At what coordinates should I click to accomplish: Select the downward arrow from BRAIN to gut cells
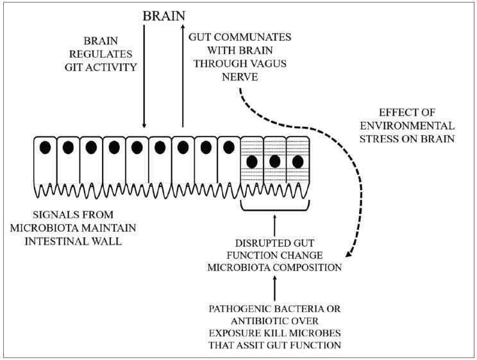(144, 77)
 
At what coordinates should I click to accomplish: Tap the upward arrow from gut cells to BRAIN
(183, 77)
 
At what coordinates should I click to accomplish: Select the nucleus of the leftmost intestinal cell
(46, 147)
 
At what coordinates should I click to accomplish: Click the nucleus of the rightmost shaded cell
(297, 161)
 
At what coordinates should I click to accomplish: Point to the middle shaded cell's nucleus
(274, 161)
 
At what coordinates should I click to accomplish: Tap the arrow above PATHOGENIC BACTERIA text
(274, 289)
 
